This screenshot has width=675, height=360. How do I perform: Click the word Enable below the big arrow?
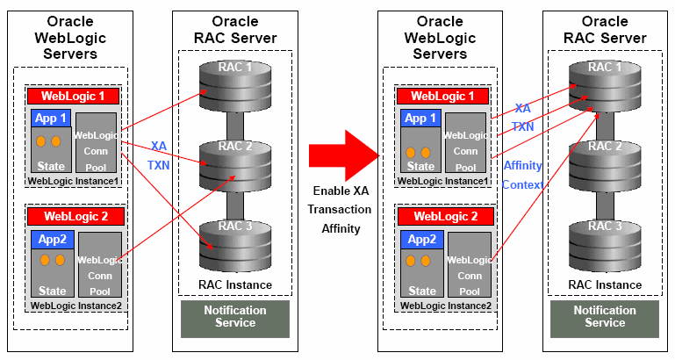tap(340, 191)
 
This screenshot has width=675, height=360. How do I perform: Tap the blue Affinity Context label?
tap(522, 175)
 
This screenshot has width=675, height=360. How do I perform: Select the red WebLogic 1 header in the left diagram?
tap(75, 96)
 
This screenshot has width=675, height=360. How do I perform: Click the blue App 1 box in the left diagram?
tap(51, 119)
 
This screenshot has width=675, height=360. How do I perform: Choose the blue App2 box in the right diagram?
tap(420, 239)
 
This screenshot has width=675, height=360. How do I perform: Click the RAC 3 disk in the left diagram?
tap(234, 238)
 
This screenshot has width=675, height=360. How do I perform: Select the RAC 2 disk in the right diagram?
tap(603, 160)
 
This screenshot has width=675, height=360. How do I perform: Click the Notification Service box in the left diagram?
tap(234, 317)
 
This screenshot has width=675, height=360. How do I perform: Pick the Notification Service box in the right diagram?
tap(605, 317)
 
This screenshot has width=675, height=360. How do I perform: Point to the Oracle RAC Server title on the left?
tap(234, 29)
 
